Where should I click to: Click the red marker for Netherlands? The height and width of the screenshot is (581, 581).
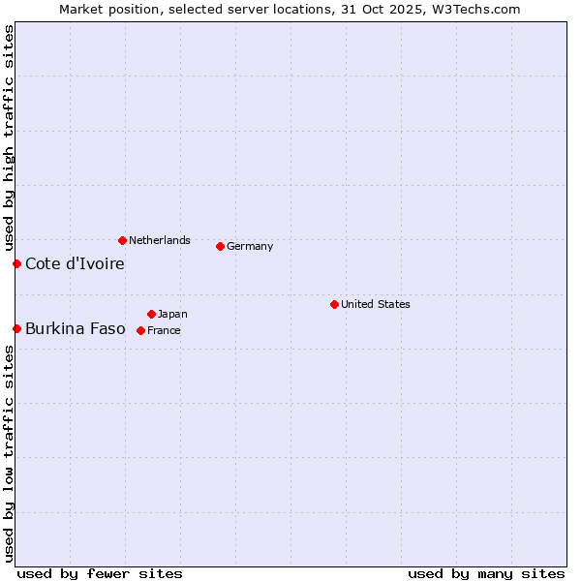click(122, 240)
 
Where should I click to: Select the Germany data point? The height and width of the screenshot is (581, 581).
click(220, 246)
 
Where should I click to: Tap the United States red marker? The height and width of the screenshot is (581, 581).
click(334, 304)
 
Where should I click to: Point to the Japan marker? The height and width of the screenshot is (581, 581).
click(151, 314)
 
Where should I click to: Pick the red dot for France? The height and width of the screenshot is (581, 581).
click(140, 330)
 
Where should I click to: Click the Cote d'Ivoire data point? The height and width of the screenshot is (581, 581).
click(16, 263)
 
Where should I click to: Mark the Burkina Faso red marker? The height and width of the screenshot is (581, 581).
click(16, 328)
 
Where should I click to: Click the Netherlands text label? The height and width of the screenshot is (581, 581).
click(160, 240)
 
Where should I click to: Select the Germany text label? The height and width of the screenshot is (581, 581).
click(250, 246)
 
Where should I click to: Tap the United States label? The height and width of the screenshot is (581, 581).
click(376, 304)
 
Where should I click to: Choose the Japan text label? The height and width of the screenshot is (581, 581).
click(172, 314)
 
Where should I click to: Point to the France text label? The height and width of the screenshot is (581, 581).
click(164, 330)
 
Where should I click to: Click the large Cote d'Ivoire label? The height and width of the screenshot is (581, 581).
click(75, 263)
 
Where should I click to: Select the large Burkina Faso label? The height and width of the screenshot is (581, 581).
click(76, 328)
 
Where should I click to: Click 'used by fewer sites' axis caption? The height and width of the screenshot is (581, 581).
click(100, 573)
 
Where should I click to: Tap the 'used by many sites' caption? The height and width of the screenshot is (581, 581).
click(486, 573)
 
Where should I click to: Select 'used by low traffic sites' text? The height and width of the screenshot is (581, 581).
click(9, 453)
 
